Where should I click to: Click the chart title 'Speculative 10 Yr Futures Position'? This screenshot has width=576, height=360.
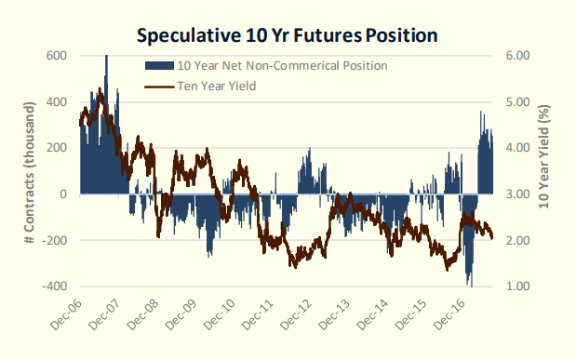(x=287, y=35)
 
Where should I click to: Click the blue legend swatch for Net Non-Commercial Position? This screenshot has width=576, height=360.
(x=159, y=66)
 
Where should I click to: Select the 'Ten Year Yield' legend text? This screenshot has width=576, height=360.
(x=217, y=86)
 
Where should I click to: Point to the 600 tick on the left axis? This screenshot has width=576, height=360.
(x=57, y=56)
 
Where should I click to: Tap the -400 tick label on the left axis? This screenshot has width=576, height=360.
(x=54, y=286)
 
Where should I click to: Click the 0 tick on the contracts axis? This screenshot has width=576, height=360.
(x=63, y=193)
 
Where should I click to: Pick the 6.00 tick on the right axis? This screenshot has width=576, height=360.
(x=518, y=56)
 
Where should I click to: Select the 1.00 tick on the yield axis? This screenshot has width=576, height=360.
(x=518, y=286)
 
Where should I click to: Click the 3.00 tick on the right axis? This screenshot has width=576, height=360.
(x=518, y=193)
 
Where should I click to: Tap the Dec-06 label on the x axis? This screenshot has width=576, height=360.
(x=66, y=314)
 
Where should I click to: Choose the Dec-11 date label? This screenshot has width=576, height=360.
(x=259, y=314)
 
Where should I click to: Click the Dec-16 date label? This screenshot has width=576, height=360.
(x=449, y=314)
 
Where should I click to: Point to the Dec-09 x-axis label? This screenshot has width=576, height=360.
(x=181, y=314)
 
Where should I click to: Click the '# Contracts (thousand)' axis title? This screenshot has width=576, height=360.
(x=30, y=173)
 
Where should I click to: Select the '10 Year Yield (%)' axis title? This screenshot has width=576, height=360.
(x=543, y=157)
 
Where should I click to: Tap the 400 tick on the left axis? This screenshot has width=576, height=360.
(x=57, y=101)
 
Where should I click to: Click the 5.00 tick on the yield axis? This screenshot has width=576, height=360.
(x=518, y=101)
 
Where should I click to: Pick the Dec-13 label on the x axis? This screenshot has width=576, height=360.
(x=335, y=314)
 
